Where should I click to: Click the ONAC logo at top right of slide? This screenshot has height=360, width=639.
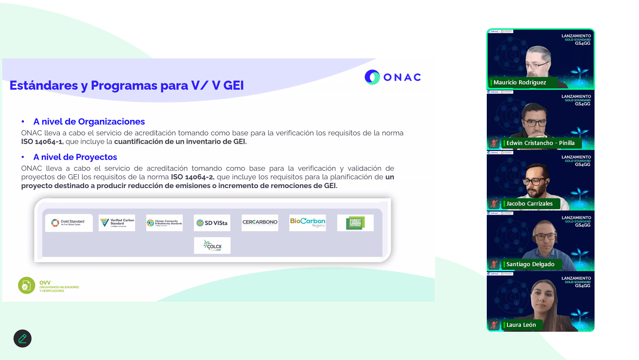393,77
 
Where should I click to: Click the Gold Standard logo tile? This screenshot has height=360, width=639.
69,223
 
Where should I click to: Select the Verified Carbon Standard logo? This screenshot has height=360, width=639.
117,223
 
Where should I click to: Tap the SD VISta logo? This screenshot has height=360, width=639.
212,223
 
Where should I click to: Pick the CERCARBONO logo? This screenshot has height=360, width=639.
260,223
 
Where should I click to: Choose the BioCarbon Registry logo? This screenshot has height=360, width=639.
308,223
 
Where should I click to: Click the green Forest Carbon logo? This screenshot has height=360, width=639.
355,223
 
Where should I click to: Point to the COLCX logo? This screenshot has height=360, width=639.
212,246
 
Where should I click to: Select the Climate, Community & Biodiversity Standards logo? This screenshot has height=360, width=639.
164,223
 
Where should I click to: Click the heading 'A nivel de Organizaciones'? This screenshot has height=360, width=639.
89,122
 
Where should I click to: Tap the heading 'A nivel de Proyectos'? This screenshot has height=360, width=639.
75,157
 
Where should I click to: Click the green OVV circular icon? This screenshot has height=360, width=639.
26,285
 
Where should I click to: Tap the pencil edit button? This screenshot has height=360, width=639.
22,338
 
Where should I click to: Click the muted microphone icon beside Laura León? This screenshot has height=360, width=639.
494,325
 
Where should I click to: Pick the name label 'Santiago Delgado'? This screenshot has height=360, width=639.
530,264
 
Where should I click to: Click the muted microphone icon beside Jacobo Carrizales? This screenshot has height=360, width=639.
494,204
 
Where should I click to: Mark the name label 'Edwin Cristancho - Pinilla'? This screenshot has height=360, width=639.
540,143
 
